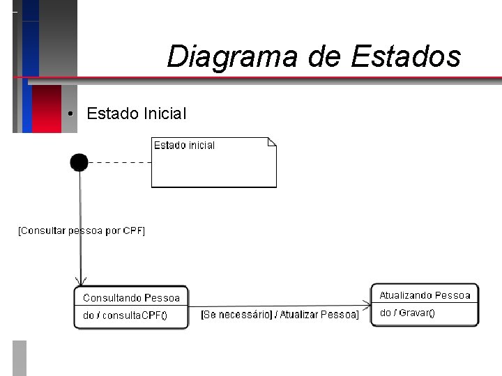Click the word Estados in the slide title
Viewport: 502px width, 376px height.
[405, 56]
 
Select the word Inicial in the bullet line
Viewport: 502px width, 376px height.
[164, 113]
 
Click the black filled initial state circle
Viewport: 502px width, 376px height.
[79, 163]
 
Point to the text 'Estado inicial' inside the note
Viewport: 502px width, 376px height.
[184, 146]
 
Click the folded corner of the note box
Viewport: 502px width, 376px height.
[271, 142]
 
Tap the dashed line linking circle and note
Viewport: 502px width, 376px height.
[119, 162]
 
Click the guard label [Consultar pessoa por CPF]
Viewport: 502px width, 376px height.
[81, 230]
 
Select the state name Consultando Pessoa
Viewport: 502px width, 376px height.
[131, 297]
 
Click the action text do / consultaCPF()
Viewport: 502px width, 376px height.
[125, 315]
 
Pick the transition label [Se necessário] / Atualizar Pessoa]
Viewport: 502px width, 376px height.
[280, 315]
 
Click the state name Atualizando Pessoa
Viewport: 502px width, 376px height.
[425, 295]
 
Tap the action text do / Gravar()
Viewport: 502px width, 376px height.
[406, 313]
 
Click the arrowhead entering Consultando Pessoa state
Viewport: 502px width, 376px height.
[81, 280]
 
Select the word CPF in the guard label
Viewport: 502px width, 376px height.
[132, 230]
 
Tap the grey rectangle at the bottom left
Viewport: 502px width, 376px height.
[20, 357]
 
